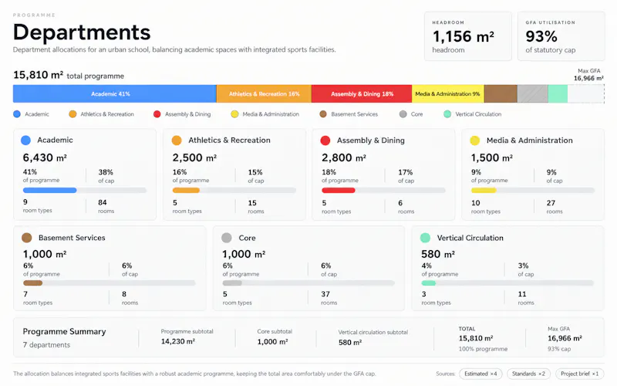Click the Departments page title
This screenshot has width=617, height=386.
[82, 32]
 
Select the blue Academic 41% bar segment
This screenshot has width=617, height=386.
[114, 93]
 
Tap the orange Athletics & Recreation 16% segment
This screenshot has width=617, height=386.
[264, 93]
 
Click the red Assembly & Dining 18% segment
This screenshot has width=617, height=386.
[362, 93]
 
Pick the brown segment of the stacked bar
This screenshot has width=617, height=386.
[501, 93]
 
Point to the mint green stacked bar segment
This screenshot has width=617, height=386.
[558, 93]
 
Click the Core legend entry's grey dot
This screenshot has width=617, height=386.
[403, 114]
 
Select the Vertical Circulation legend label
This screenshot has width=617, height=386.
[478, 114]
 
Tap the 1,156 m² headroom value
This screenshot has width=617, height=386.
[464, 36]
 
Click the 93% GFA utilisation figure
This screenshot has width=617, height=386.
[541, 36]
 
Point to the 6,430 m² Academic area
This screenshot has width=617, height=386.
[45, 157]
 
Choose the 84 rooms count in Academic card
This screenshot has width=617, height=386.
[103, 202]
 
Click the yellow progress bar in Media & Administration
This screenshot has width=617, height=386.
[484, 190]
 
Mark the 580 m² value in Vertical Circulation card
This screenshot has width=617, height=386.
[438, 254]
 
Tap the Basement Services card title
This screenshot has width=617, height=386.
[72, 238]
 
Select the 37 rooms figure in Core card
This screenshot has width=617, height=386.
[325, 294]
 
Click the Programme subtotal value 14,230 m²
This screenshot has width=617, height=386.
[178, 341]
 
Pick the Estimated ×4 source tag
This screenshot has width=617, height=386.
[480, 374]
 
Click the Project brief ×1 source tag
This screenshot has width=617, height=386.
[580, 374]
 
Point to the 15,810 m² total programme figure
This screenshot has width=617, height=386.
[38, 75]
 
